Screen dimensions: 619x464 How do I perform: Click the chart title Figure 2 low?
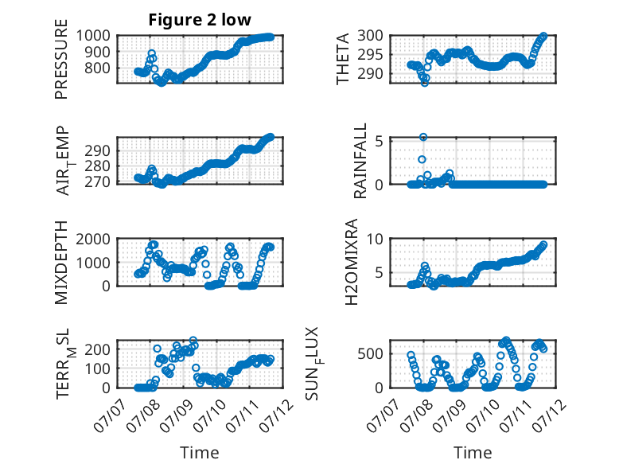200,20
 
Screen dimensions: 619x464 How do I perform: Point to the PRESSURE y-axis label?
61,59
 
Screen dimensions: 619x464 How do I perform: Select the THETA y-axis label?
343,59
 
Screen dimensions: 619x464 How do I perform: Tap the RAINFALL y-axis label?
360,161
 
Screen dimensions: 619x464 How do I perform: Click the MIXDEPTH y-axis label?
61,262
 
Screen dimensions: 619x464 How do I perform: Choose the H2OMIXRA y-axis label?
351,262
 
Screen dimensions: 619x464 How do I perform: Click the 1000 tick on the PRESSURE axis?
93,36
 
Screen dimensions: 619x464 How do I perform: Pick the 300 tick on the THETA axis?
370,36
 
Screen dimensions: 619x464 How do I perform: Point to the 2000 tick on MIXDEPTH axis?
93,239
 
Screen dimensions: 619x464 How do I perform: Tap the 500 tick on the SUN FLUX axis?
370,353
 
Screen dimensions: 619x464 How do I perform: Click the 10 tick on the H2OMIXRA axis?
375,239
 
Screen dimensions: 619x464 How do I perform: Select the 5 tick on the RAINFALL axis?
379,141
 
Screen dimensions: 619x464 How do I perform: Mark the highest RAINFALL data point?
423,137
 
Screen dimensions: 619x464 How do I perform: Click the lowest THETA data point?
425,83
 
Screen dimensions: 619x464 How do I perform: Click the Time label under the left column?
200,453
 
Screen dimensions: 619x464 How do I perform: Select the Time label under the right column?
473,453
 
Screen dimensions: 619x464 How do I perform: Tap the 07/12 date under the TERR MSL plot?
276,415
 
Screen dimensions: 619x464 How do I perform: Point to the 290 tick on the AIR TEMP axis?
98,150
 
